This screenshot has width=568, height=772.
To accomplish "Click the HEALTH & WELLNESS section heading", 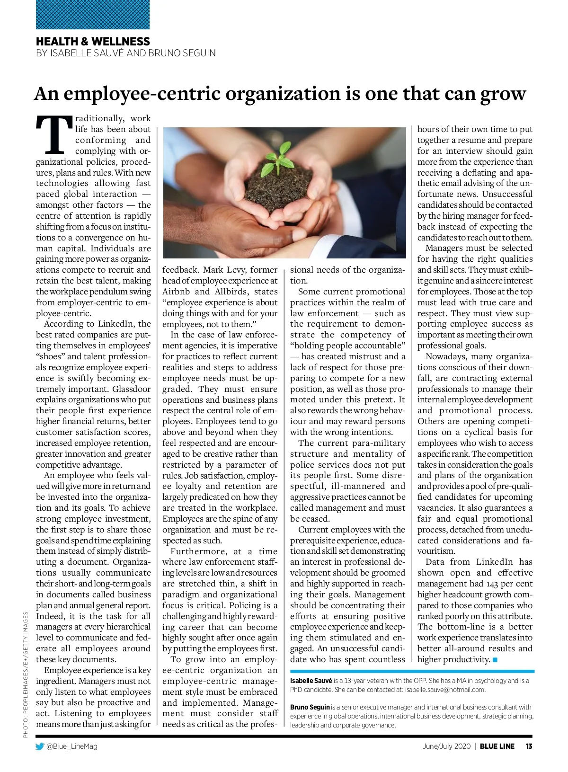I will click(93, 41).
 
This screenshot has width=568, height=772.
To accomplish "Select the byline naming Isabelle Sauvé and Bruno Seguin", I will click(125, 53).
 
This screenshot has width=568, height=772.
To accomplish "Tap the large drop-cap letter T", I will click(54, 135).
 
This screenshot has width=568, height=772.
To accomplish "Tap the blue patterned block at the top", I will click(93, 15).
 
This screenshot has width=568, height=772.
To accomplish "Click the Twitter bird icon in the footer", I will click(40, 746).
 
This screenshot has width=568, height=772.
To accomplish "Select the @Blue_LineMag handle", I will click(72, 746).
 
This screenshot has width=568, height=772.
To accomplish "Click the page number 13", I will click(529, 746).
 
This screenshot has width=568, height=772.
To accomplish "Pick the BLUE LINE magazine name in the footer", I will click(497, 746).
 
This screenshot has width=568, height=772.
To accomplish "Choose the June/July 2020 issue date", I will click(446, 746).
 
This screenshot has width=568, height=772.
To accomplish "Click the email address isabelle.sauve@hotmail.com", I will click(445, 690).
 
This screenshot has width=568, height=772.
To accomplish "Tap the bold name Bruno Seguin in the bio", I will click(310, 707).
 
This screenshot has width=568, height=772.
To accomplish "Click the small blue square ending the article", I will click(495, 660).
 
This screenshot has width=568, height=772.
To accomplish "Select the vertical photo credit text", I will click(26, 674).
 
